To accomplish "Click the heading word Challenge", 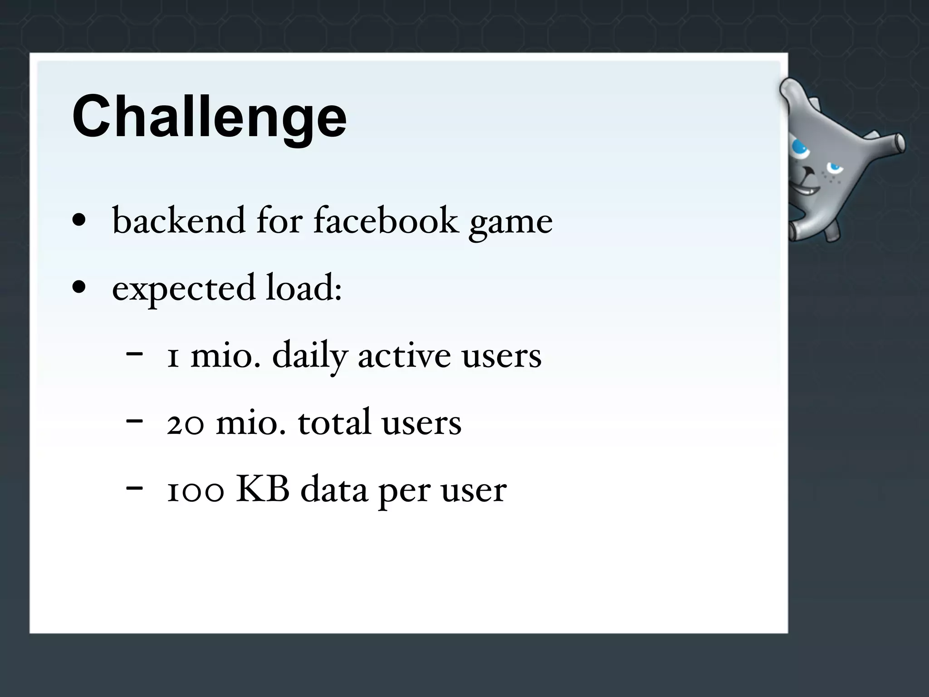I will (209, 117).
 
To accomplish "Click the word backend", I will (179, 221).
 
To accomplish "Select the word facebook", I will (386, 221).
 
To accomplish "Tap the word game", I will (511, 222).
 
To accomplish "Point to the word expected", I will (184, 289).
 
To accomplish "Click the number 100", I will (196, 491).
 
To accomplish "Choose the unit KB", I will (263, 490).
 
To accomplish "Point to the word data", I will (334, 491).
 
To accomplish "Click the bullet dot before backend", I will (79, 220).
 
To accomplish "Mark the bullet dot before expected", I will (79, 287).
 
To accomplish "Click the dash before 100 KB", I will (134, 488).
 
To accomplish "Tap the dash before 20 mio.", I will (134, 421).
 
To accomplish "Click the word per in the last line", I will (405, 492).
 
